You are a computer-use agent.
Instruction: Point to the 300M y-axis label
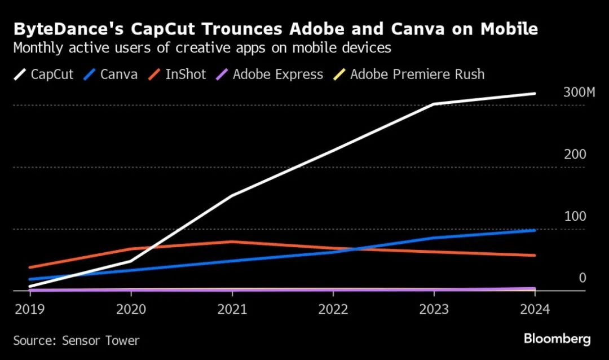tap(579, 93)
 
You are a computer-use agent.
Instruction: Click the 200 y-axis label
tap(575, 155)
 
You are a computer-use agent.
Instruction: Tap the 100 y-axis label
tap(575, 217)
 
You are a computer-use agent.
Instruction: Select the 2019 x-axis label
tap(29, 310)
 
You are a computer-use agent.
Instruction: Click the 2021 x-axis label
tap(232, 310)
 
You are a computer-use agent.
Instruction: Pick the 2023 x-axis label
tap(434, 310)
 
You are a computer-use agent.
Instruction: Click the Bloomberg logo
tap(557, 339)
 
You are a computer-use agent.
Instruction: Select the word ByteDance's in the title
tap(65, 29)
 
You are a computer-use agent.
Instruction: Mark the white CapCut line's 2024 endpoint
tap(534, 94)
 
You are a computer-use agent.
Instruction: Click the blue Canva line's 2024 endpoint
tap(534, 230)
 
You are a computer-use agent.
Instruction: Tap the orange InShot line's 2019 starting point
tap(29, 267)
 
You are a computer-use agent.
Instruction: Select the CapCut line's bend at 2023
tap(434, 104)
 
